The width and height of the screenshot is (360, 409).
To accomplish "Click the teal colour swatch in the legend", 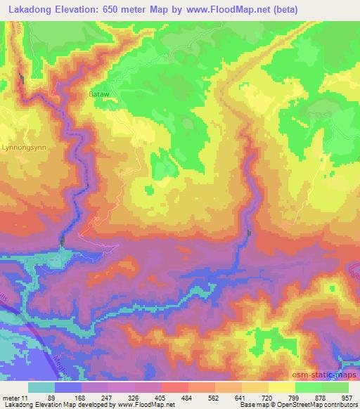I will click(41, 387).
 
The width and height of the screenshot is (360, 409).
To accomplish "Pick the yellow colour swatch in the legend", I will click(281, 387).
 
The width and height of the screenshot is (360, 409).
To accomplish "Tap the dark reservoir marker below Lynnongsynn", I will click(63, 241).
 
